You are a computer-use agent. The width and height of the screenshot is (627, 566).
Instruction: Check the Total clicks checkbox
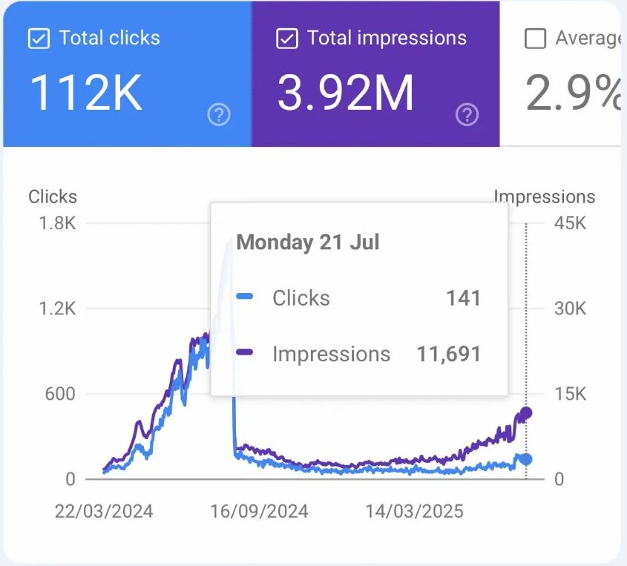39,39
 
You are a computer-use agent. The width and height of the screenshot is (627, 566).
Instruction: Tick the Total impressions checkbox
286,39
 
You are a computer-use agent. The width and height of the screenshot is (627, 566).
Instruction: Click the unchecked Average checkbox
535,39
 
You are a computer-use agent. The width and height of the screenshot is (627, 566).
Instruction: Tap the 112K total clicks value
86,93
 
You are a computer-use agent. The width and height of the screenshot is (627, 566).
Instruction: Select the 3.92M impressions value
345,93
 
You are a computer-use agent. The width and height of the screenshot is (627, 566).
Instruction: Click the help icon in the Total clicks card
219,114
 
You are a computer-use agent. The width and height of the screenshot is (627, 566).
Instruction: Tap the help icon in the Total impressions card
467,114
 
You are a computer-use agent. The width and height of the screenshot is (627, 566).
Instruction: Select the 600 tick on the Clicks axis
60,394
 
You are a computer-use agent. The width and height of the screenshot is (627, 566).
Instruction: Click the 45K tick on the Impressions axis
571,223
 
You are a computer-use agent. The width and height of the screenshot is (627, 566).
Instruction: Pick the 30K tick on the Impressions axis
571,309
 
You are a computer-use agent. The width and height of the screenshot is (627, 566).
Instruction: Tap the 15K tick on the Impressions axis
571,394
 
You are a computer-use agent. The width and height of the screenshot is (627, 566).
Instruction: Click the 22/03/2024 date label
104,512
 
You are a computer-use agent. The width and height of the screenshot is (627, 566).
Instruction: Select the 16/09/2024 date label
259,512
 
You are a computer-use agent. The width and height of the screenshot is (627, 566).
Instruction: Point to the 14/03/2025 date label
414,512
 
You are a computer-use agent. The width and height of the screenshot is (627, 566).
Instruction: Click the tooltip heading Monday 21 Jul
307,243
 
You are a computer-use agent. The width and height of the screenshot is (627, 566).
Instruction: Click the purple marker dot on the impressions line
526,413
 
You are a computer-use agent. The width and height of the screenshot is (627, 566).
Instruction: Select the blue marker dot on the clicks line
526,459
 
